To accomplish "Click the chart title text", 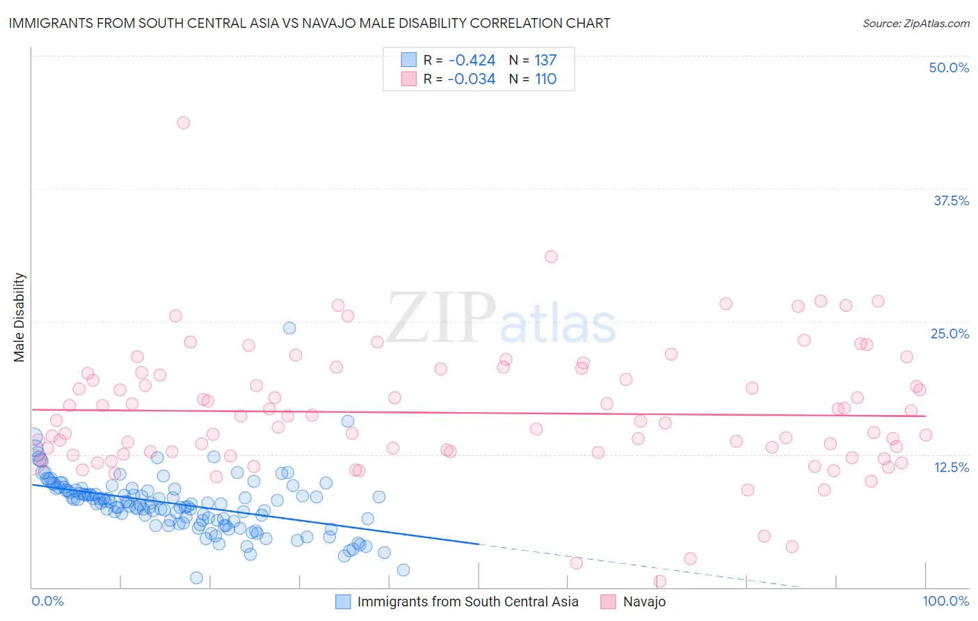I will pos(310,23).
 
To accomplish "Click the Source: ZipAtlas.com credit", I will pos(915,23).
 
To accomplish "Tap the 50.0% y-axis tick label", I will pos(949,68).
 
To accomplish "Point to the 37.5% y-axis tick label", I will pos(951,201).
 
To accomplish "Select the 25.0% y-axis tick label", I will pos(949,333).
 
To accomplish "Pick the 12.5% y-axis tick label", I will pos(951,466).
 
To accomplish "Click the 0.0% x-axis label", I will pos(47,601).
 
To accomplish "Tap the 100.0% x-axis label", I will pos(945,601).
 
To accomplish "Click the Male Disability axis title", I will pos(19,317).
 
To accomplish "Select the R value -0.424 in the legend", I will pos(472,60).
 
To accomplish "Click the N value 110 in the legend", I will pos(545,79).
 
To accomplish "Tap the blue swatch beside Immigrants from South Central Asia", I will pos(343,602).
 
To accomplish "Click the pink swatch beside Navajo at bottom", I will pos(609,602).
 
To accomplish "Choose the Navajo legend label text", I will pos(644,602).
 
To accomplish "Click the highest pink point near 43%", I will pos(183,123).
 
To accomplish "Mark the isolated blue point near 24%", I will pos(289,328).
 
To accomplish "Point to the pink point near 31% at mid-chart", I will pos(551,257).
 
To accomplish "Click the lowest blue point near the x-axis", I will pos(197,578).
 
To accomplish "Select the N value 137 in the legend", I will pos(545,60).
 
